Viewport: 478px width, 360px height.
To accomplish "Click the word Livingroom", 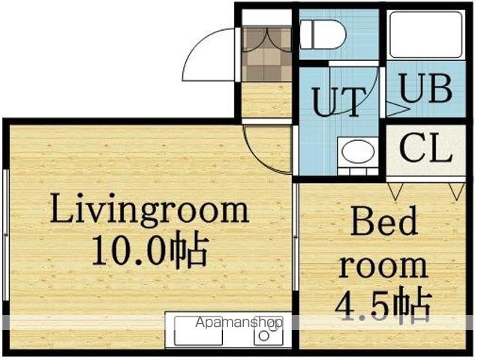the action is pyautogui.click(x=149, y=210).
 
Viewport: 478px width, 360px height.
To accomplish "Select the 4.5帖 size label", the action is pyautogui.click(x=383, y=304).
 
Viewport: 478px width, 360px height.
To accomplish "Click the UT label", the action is pyautogui.click(x=339, y=101).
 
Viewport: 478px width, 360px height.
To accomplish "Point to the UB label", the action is pyautogui.click(x=425, y=88).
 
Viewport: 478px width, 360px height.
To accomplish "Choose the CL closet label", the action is pyautogui.click(x=425, y=148).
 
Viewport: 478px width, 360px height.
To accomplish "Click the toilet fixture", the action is pyautogui.click(x=323, y=34).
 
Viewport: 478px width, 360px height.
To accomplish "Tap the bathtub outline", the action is pyautogui.click(x=426, y=34).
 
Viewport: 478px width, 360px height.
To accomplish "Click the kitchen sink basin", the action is pyautogui.click(x=198, y=331).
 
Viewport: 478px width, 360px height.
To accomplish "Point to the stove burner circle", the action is pyautogui.click(x=264, y=336).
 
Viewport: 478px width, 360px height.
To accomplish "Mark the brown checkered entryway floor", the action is pyautogui.click(x=266, y=54).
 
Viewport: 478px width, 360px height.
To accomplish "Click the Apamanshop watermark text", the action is pyautogui.click(x=239, y=322).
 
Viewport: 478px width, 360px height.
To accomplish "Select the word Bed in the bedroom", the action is pyautogui.click(x=383, y=220).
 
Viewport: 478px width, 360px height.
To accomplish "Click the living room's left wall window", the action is pyautogui.click(x=5, y=235).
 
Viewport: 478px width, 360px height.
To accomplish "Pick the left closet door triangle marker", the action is pyautogui.click(x=395, y=191).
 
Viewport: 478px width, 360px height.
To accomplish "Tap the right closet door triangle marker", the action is pyautogui.click(x=456, y=191).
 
